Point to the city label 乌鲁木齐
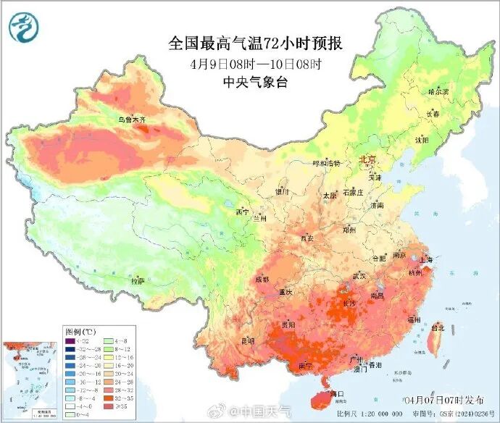point(131,118)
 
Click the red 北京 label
point(367,159)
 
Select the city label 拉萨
point(137,280)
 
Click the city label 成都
point(261,279)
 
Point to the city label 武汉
point(359,276)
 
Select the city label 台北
point(437,327)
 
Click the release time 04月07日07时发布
point(440,399)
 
